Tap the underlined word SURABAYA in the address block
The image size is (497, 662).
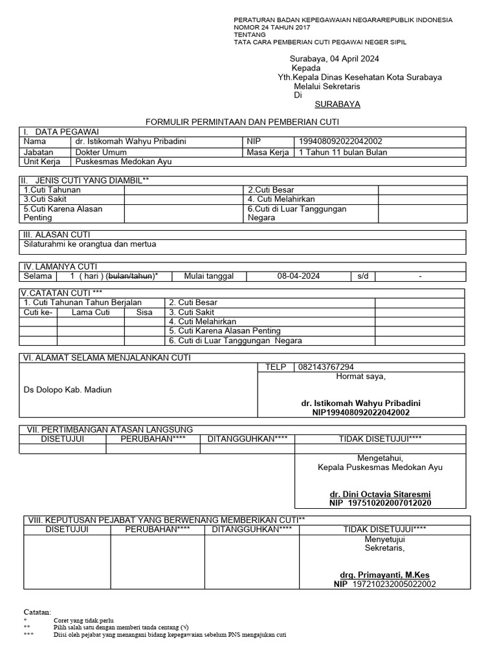[337, 104]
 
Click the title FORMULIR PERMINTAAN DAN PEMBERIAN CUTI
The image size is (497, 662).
[242, 122]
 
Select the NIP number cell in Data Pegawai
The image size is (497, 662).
[340, 142]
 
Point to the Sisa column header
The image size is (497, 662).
[144, 312]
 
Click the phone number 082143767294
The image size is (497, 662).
[326, 367]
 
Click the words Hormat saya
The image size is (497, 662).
[360, 377]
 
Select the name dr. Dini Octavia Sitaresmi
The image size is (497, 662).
[380, 493]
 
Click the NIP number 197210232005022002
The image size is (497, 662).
[393, 584]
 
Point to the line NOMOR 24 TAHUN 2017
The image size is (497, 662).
[272, 28]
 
